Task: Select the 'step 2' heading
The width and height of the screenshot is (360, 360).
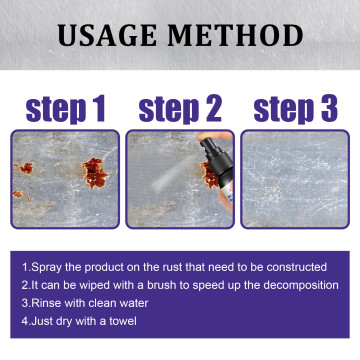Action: click(x=180, y=107)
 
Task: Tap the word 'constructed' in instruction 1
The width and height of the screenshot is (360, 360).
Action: click(x=293, y=267)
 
